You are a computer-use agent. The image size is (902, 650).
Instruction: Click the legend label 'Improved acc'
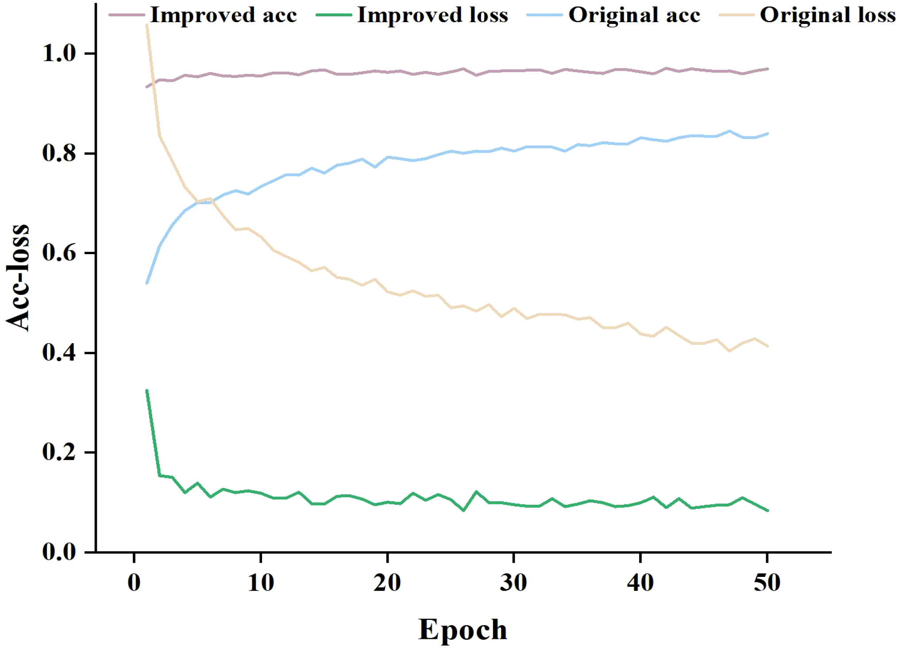coord(224,15)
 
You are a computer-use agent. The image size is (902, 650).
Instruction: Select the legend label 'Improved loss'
coord(432,15)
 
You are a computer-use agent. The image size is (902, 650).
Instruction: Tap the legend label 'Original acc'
coord(634,15)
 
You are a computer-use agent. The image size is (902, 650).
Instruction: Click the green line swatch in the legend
coord(334,15)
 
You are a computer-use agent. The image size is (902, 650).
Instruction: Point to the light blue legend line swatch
coord(545,15)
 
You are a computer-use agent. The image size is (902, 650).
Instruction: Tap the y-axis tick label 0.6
coord(59,253)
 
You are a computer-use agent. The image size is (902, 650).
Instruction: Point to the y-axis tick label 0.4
coord(59,353)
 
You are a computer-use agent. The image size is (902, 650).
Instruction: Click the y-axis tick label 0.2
coord(59,452)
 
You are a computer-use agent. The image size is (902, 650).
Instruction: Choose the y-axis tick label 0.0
coord(59,552)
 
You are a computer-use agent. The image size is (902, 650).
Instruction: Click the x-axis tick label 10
coord(261,583)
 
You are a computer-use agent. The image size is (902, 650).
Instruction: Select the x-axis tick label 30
coord(513,583)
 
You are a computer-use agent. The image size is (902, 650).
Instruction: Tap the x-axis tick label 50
coord(767,583)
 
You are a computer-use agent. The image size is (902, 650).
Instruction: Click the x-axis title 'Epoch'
coord(463,630)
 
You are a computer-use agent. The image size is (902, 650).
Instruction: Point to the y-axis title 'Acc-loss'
coord(18,278)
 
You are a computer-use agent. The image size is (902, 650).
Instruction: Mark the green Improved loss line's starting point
coord(147,391)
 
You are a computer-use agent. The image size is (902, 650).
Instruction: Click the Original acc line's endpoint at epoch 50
coord(767,133)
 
